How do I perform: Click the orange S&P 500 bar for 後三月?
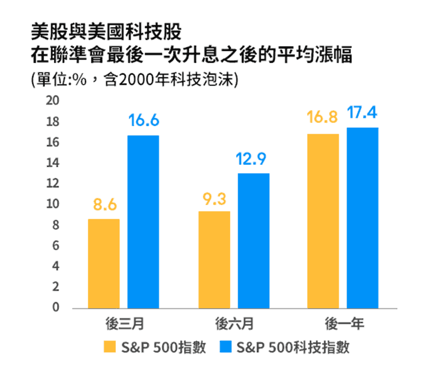(104, 263)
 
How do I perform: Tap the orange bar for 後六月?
(214, 259)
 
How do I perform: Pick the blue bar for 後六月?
(254, 241)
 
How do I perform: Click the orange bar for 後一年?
(323, 221)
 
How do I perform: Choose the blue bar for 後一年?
(363, 218)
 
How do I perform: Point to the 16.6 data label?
(144, 121)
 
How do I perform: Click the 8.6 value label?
(104, 205)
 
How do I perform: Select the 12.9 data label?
(254, 159)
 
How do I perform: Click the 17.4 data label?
(363, 113)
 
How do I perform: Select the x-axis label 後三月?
(124, 324)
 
